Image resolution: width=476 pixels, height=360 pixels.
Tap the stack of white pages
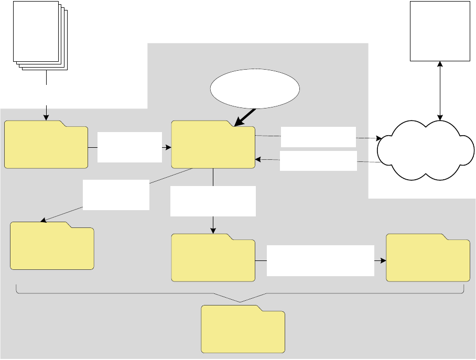[x=38, y=34]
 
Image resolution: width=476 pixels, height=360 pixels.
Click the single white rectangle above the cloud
[x=439, y=31]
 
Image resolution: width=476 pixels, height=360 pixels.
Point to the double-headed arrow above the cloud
[x=439, y=89]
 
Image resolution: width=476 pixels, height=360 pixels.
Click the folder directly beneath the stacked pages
[x=46, y=145]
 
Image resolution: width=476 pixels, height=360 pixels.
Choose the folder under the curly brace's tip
[x=243, y=330]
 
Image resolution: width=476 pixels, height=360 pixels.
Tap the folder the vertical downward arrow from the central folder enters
[x=213, y=258]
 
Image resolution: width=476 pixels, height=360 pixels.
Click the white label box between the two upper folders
[x=129, y=147]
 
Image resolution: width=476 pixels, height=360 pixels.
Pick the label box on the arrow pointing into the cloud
[x=318, y=137]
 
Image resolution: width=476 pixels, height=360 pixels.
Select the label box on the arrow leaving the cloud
[x=318, y=161]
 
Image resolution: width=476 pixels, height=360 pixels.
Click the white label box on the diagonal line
[x=116, y=194]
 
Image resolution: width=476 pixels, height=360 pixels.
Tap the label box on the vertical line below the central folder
[x=213, y=201]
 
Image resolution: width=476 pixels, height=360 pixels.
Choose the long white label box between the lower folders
[x=320, y=260]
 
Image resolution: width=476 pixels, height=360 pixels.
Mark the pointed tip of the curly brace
[x=240, y=302]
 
